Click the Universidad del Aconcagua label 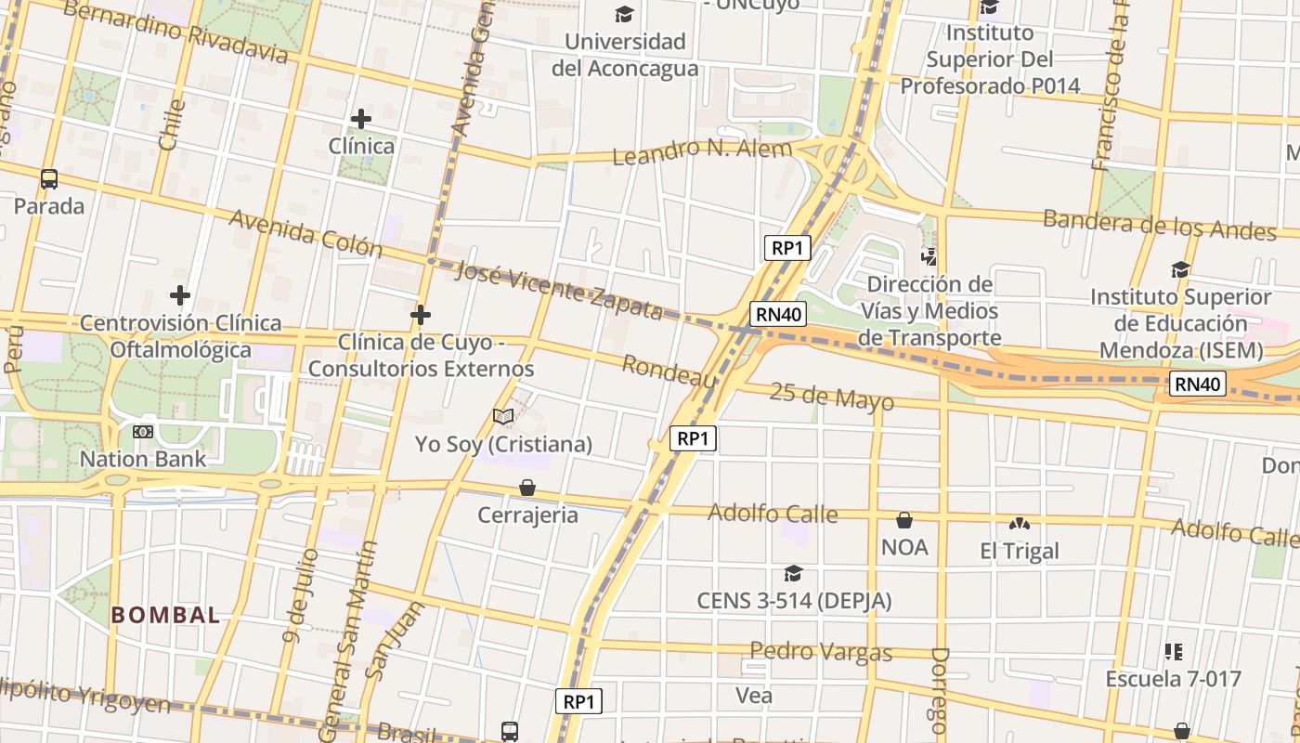[x=624, y=55]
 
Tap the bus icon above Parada [x=49, y=179]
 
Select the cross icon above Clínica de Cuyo [x=421, y=316]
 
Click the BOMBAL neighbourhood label [x=166, y=615]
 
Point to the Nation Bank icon [x=142, y=432]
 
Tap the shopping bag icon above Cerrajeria [x=527, y=488]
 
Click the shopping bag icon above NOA [x=904, y=520]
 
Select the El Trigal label [x=1020, y=552]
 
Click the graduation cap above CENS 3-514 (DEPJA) [x=793, y=574]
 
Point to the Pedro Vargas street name [x=821, y=651]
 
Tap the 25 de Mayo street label [x=832, y=398]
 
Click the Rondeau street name [x=669, y=371]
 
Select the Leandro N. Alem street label [x=703, y=150]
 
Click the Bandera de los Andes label [x=1160, y=225]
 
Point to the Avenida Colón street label [x=305, y=233]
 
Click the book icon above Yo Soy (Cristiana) [x=503, y=417]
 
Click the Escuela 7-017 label [x=1173, y=679]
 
